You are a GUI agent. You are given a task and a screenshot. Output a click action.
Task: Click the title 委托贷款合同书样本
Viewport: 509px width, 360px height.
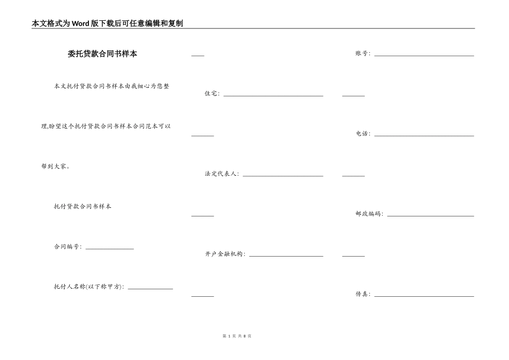[102, 54]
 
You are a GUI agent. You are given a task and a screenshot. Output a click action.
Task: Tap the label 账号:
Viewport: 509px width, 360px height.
[363, 54]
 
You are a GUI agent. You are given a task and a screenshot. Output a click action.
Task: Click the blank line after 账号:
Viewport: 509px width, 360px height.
[424, 55]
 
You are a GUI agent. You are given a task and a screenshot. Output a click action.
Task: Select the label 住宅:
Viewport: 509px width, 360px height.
[212, 94]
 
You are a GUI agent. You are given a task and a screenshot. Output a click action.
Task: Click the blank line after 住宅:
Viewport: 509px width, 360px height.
[273, 95]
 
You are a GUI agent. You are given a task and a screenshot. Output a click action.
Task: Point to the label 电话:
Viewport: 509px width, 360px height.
[363, 134]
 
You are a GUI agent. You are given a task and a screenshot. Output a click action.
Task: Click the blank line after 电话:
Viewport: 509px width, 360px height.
[424, 136]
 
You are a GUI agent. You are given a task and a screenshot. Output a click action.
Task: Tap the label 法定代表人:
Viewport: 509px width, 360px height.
[222, 174]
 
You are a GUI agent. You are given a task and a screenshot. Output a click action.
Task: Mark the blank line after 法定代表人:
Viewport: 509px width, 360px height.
[283, 176]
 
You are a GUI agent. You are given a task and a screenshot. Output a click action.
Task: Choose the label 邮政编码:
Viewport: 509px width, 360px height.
[369, 214]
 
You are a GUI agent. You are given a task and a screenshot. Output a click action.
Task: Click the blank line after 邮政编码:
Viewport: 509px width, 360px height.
[430, 216]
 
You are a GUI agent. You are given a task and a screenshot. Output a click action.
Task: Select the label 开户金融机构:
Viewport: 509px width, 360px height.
[225, 254]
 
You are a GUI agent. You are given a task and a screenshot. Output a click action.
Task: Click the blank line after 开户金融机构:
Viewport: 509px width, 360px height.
[286, 256]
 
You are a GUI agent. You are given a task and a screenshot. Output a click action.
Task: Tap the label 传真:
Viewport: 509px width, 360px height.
[363, 294]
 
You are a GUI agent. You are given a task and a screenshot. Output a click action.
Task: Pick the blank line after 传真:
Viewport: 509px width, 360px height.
[424, 296]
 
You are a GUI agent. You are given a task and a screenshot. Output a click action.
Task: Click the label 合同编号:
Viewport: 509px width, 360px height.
[68, 247]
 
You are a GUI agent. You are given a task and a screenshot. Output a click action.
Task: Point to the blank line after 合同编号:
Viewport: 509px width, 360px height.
[109, 249]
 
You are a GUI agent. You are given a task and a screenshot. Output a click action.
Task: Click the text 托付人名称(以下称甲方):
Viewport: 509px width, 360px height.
[89, 287]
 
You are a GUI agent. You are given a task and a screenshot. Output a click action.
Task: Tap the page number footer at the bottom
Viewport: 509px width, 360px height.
[236, 336]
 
